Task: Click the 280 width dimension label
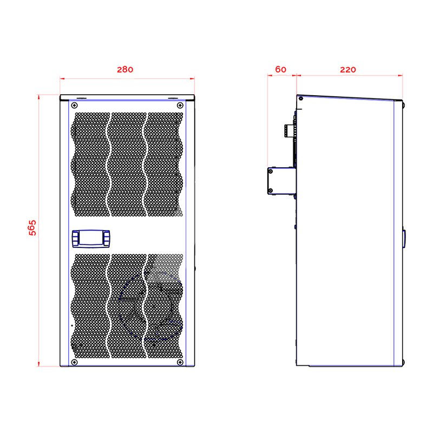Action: tap(125, 69)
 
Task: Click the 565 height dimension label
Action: tap(32, 228)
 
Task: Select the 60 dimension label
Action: tap(281, 69)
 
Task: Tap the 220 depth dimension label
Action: tap(348, 70)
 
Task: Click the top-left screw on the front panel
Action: tap(74, 105)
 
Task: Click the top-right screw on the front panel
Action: tap(180, 105)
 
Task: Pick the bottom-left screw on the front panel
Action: tap(74, 362)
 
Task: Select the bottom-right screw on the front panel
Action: tap(180, 362)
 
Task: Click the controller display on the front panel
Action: tap(91, 239)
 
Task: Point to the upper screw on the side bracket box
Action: tap(271, 172)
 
